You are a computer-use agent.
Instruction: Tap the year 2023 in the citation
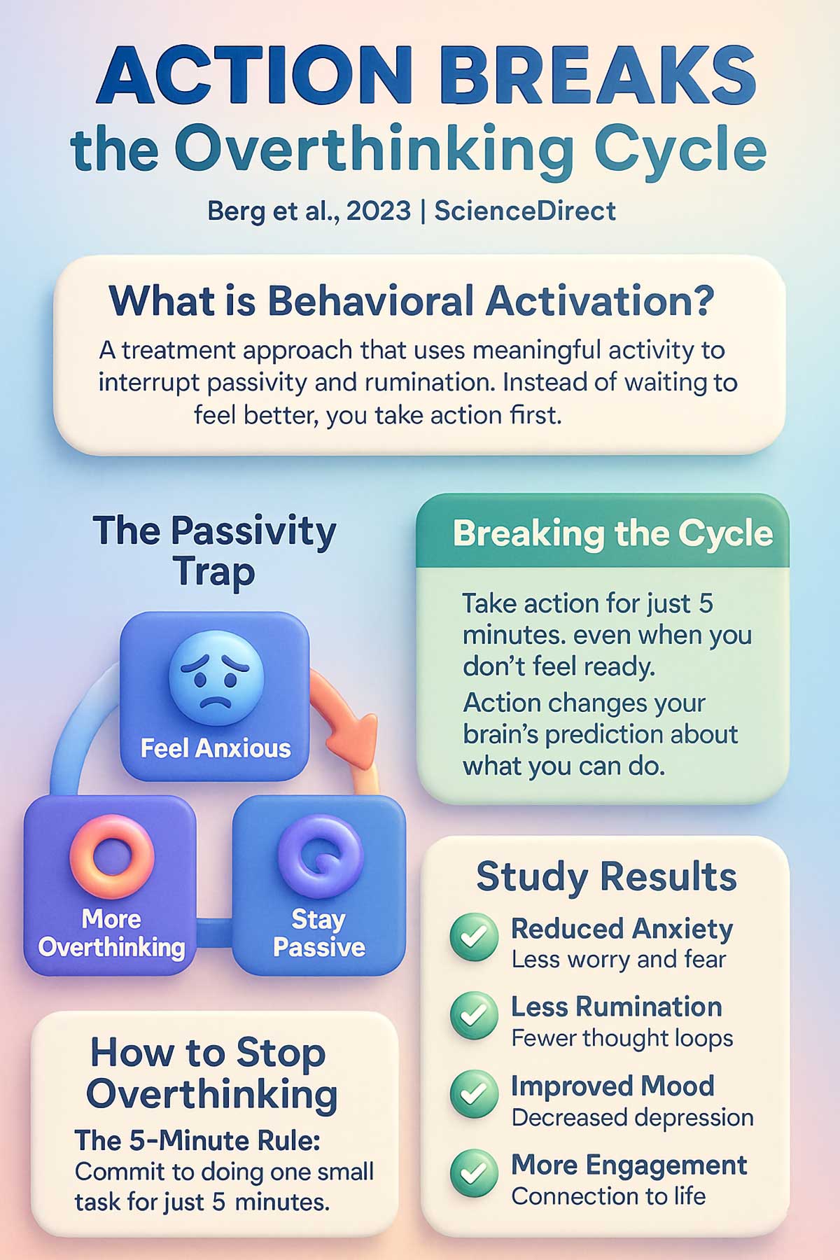[x=378, y=211]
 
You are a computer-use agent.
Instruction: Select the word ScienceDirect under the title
[x=525, y=211]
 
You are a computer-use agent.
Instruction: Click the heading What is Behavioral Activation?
[x=412, y=302]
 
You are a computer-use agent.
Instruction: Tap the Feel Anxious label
[x=216, y=748]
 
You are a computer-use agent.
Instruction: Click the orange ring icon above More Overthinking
[x=111, y=856]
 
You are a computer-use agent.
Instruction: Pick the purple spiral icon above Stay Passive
[x=319, y=856]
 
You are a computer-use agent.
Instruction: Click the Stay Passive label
[x=319, y=933]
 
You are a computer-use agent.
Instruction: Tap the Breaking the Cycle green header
[x=612, y=533]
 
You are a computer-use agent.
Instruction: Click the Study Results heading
[x=606, y=876]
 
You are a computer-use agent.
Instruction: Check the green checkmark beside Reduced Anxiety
[x=474, y=937]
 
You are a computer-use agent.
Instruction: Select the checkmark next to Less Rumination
[x=474, y=1015]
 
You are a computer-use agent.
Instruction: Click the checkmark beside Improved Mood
[x=474, y=1093]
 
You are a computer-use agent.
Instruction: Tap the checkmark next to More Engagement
[x=474, y=1173]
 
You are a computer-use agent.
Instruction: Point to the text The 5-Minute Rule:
[x=197, y=1140]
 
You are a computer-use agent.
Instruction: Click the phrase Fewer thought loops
[x=622, y=1038]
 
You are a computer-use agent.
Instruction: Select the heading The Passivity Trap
[x=214, y=551]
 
